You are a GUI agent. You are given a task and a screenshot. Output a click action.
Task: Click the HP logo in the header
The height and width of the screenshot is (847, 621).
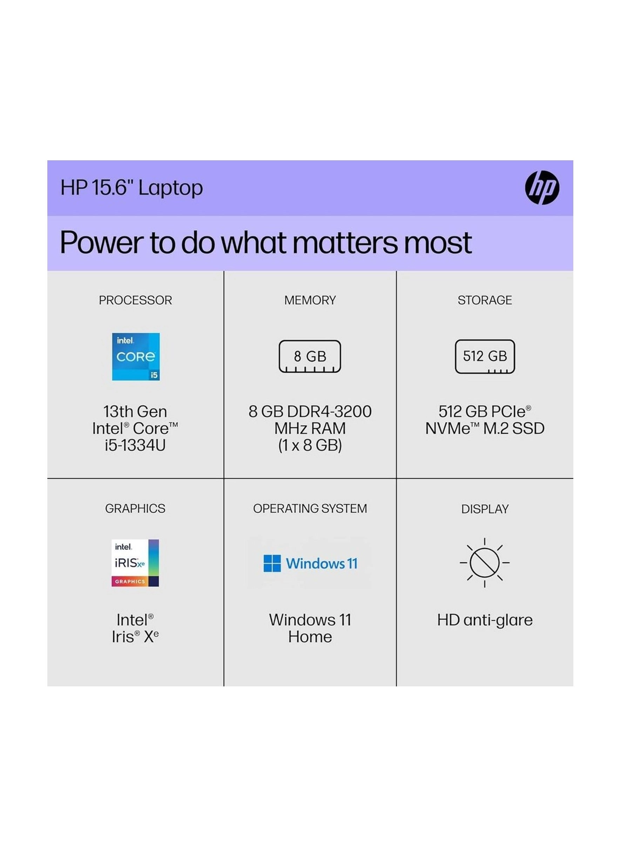tap(542, 188)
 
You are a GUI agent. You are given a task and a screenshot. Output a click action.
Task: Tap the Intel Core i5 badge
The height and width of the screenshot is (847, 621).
tap(136, 356)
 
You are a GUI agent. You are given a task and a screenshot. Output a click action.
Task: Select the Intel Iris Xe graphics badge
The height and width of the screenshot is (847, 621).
tap(135, 563)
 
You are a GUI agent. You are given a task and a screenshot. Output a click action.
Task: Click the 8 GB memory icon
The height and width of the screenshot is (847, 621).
tap(310, 356)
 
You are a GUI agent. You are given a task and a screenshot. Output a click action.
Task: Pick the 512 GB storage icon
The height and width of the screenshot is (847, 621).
tap(485, 356)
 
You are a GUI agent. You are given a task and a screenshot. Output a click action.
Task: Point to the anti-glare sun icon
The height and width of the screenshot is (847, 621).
tap(485, 563)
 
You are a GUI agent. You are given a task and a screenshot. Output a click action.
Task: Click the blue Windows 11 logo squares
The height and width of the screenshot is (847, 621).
tap(272, 563)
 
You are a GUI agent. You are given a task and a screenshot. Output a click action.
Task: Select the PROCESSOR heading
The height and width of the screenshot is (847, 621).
tap(135, 300)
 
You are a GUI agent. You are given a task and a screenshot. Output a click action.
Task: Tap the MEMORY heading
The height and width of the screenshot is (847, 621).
tap(310, 300)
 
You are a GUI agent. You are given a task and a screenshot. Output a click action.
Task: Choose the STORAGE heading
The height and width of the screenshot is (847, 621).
tap(485, 300)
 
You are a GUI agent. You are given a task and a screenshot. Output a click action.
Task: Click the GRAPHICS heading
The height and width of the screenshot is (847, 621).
tap(135, 508)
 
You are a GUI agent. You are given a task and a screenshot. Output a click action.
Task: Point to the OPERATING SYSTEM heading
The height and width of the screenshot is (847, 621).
tap(310, 508)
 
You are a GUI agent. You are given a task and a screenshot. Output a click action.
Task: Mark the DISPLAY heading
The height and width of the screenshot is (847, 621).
tap(485, 509)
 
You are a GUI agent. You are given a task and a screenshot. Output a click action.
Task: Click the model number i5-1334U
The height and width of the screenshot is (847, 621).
tap(135, 445)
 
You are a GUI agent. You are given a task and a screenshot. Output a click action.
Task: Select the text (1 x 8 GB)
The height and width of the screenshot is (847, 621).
tap(310, 445)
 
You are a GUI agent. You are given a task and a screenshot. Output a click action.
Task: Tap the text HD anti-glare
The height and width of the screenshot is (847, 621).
tap(485, 620)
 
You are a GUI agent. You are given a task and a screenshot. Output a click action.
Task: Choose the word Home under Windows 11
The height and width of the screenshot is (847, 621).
tap(310, 637)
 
